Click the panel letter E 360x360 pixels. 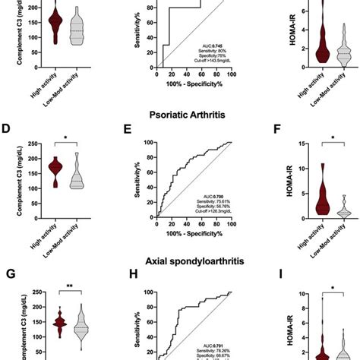click(x=129, y=130)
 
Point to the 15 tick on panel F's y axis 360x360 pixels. click(x=291, y=144)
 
